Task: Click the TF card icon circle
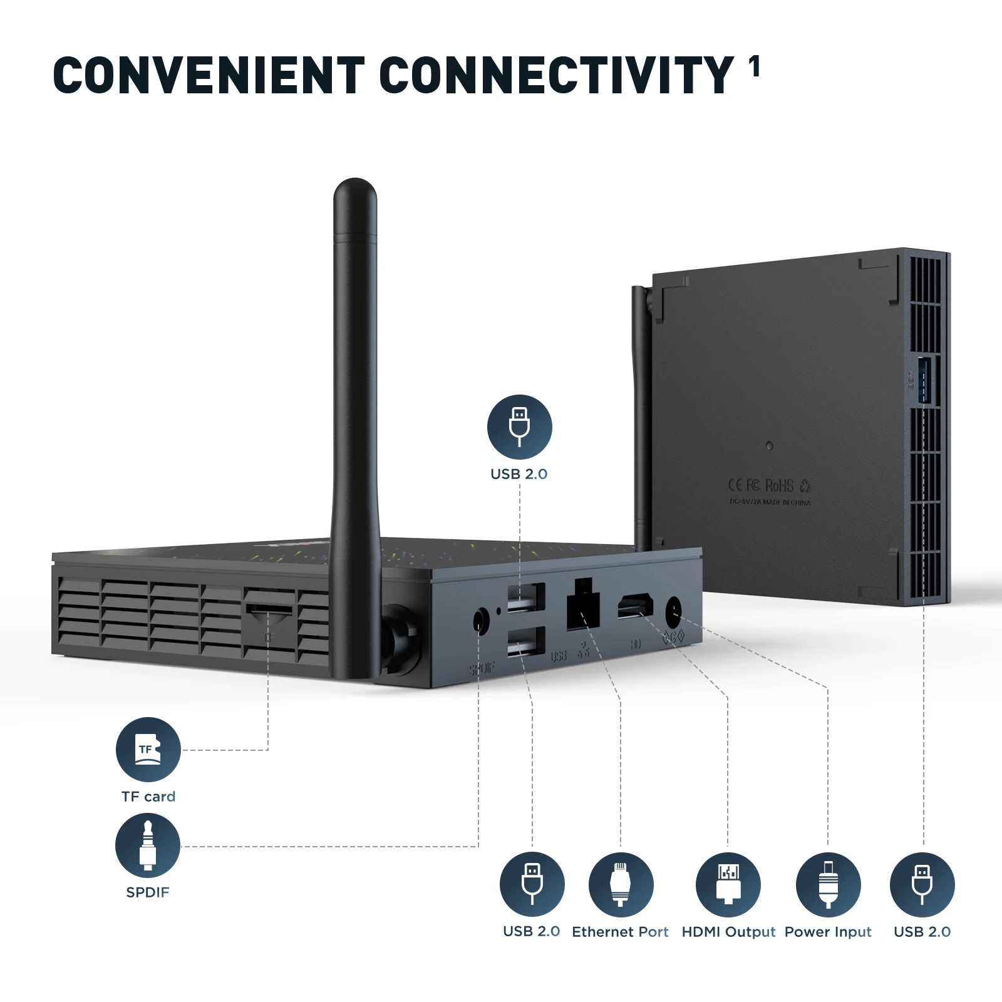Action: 148,750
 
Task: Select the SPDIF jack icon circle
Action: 148,845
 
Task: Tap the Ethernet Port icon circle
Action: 621,884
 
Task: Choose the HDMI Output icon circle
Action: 728,884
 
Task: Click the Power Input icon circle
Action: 828,884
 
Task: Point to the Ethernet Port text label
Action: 620,932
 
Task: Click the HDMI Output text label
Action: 728,932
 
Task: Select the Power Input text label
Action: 828,932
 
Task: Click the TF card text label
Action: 148,797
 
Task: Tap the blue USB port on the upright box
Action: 924,380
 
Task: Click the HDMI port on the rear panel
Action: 635,607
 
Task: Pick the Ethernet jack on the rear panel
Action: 582,606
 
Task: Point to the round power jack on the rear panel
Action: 674,611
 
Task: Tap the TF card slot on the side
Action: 269,609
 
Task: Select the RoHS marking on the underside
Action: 779,485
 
